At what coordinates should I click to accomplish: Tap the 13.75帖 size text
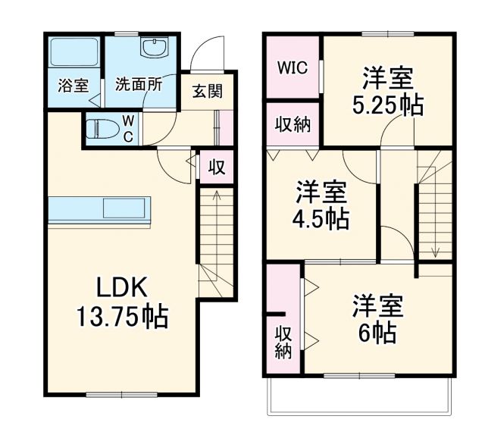(121, 315)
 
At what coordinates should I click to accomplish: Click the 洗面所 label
(138, 85)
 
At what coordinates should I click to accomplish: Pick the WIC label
(291, 68)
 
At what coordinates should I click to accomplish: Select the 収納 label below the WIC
(292, 124)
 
